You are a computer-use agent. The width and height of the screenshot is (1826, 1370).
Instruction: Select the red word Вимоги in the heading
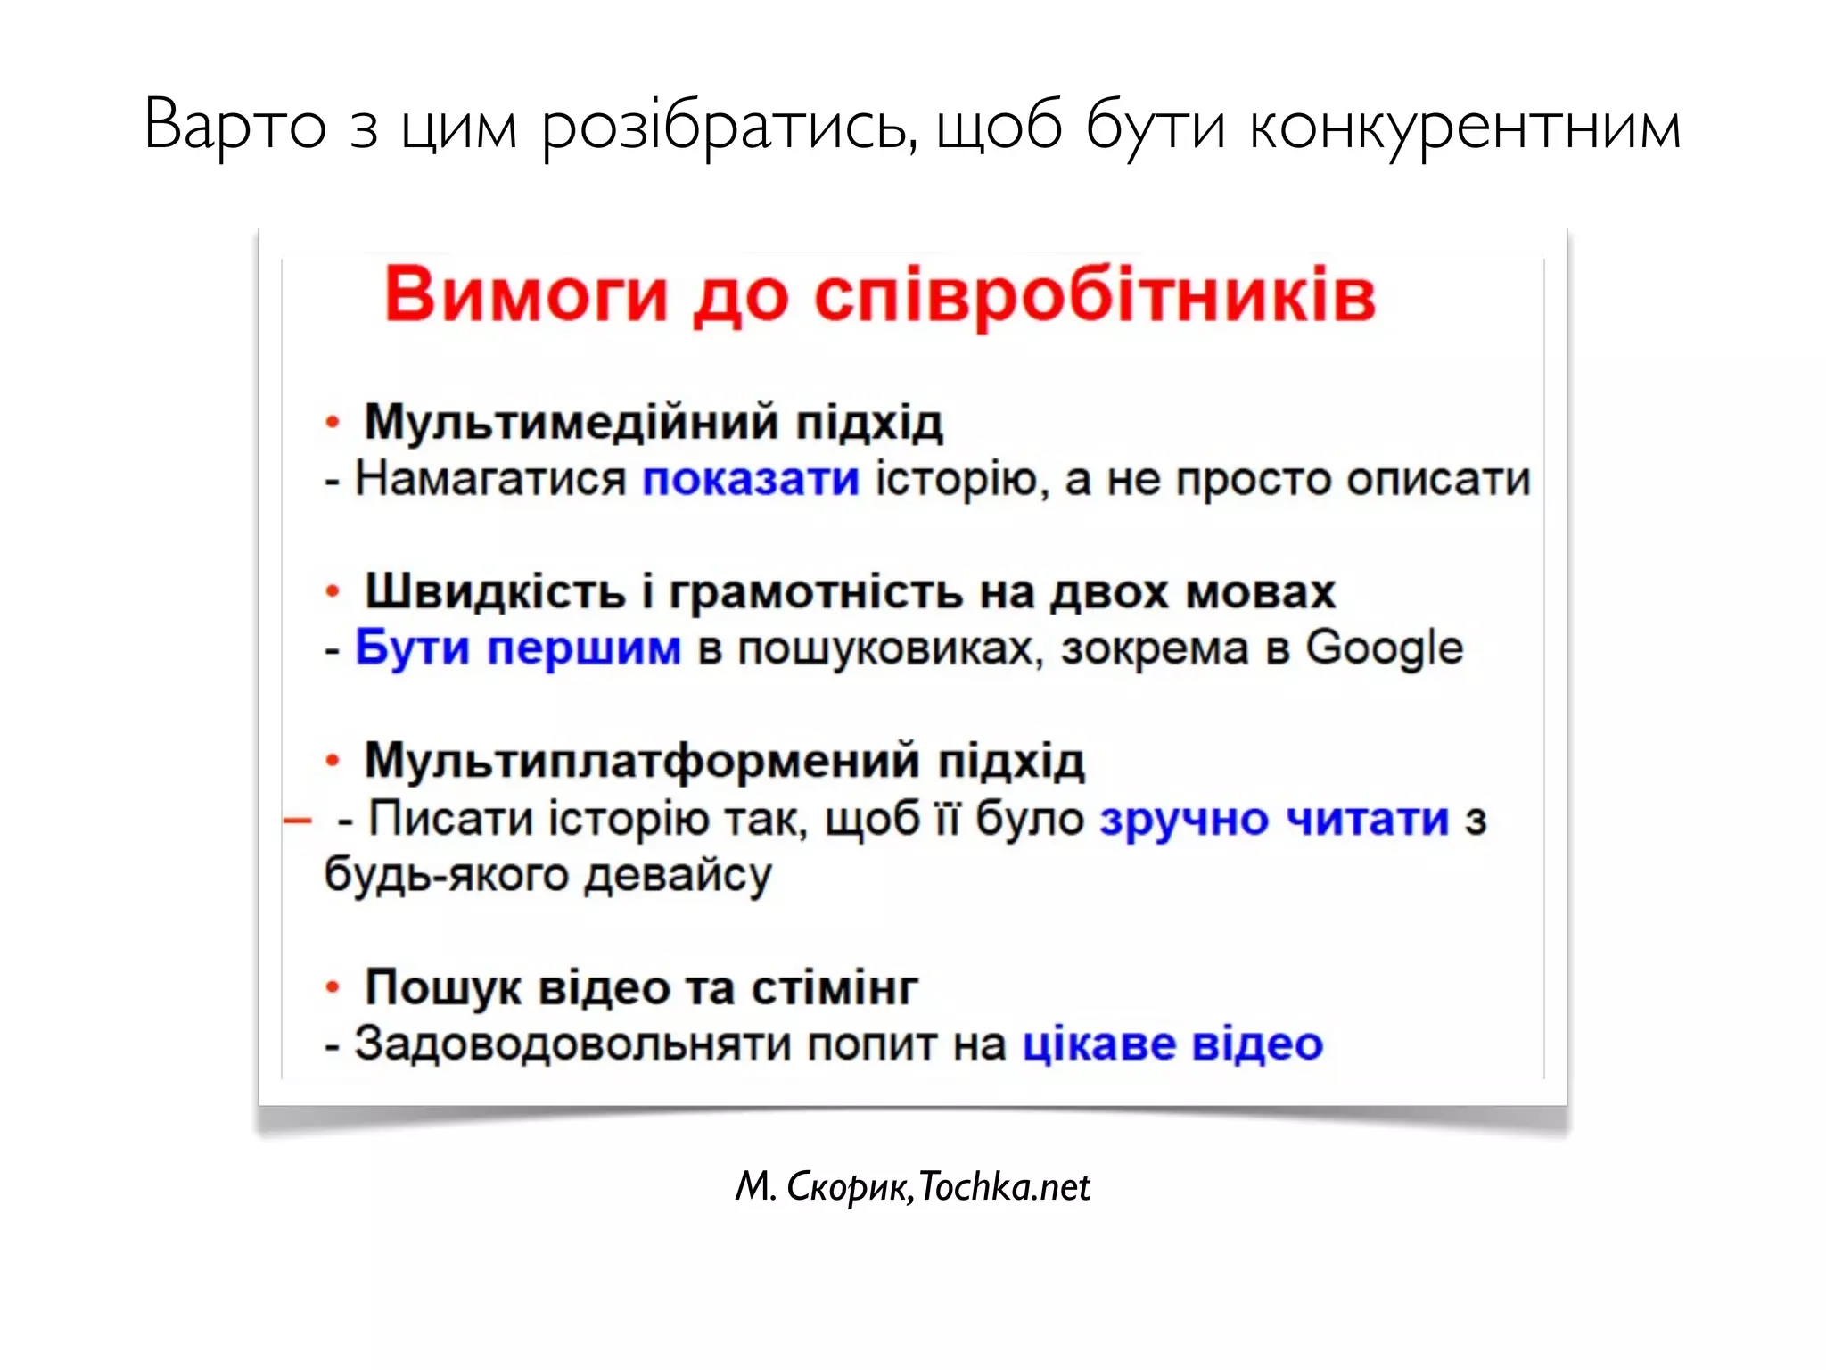coord(526,295)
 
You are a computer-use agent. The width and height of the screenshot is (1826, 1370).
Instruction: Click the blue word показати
coord(751,479)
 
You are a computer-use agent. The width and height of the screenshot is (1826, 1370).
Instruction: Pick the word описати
coord(1438,479)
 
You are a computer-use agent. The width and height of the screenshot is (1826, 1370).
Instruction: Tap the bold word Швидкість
coord(496,591)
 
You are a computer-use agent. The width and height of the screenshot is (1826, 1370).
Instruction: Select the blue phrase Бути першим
coord(518,648)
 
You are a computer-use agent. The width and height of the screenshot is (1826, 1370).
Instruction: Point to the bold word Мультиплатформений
coord(642,761)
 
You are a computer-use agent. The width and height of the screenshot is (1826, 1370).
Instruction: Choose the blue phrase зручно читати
coord(1274,819)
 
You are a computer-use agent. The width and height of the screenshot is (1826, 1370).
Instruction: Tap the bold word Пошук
coord(442,988)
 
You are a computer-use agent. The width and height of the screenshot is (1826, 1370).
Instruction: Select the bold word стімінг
coord(835,987)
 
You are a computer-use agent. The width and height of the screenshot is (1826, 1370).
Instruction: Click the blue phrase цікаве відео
coord(1172,1044)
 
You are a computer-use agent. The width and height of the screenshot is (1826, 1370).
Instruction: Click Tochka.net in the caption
coord(1004,1187)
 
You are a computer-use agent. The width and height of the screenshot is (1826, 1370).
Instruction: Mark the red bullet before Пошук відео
coord(333,987)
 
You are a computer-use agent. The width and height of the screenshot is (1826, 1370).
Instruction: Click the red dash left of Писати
coord(297,820)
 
